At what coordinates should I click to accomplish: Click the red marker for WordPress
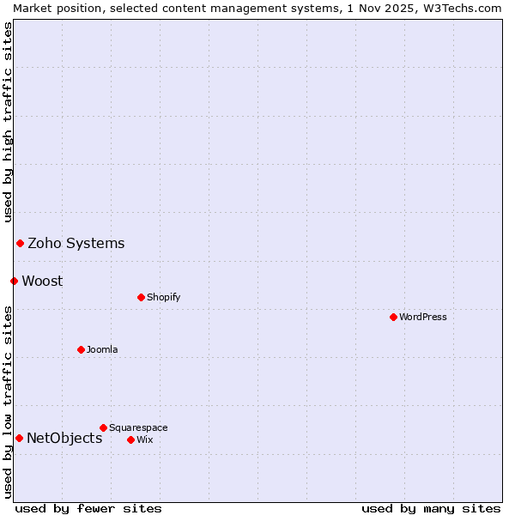click(393, 317)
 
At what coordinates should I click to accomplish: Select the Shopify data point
click(141, 297)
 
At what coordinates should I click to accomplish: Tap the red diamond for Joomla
click(81, 349)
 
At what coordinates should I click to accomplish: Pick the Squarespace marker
click(103, 427)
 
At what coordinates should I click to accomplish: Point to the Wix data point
click(130, 439)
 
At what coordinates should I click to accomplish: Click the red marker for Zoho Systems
click(20, 243)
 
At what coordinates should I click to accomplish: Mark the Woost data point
click(14, 281)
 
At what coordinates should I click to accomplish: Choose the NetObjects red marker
click(19, 438)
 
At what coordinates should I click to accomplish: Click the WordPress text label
click(423, 317)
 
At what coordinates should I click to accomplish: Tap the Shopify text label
click(164, 297)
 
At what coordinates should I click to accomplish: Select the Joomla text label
click(102, 349)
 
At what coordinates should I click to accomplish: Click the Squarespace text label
click(138, 427)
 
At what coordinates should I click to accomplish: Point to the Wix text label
click(145, 439)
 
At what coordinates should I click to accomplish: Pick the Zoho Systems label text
click(76, 243)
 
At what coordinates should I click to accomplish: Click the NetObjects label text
click(64, 438)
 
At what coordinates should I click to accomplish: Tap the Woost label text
click(42, 281)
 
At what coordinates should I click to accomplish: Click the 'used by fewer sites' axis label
click(88, 508)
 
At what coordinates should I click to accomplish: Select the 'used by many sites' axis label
click(431, 508)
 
